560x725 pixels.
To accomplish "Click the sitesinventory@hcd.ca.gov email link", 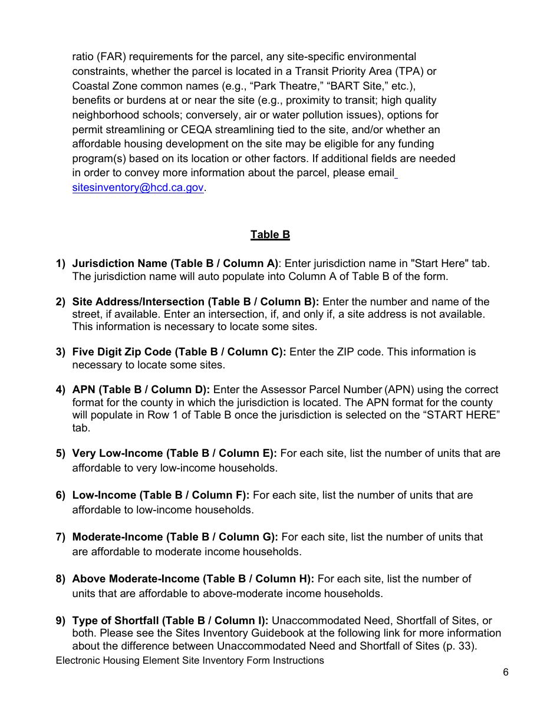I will (138, 187).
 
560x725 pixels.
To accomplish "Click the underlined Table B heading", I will (270, 235).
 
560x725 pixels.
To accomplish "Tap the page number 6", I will (506, 673).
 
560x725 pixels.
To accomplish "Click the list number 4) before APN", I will (61, 390).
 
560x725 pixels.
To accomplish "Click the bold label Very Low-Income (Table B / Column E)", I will (174, 453).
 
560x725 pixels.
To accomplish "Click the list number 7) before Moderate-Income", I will (61, 537).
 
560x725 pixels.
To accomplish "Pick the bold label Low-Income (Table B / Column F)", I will (160, 495).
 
